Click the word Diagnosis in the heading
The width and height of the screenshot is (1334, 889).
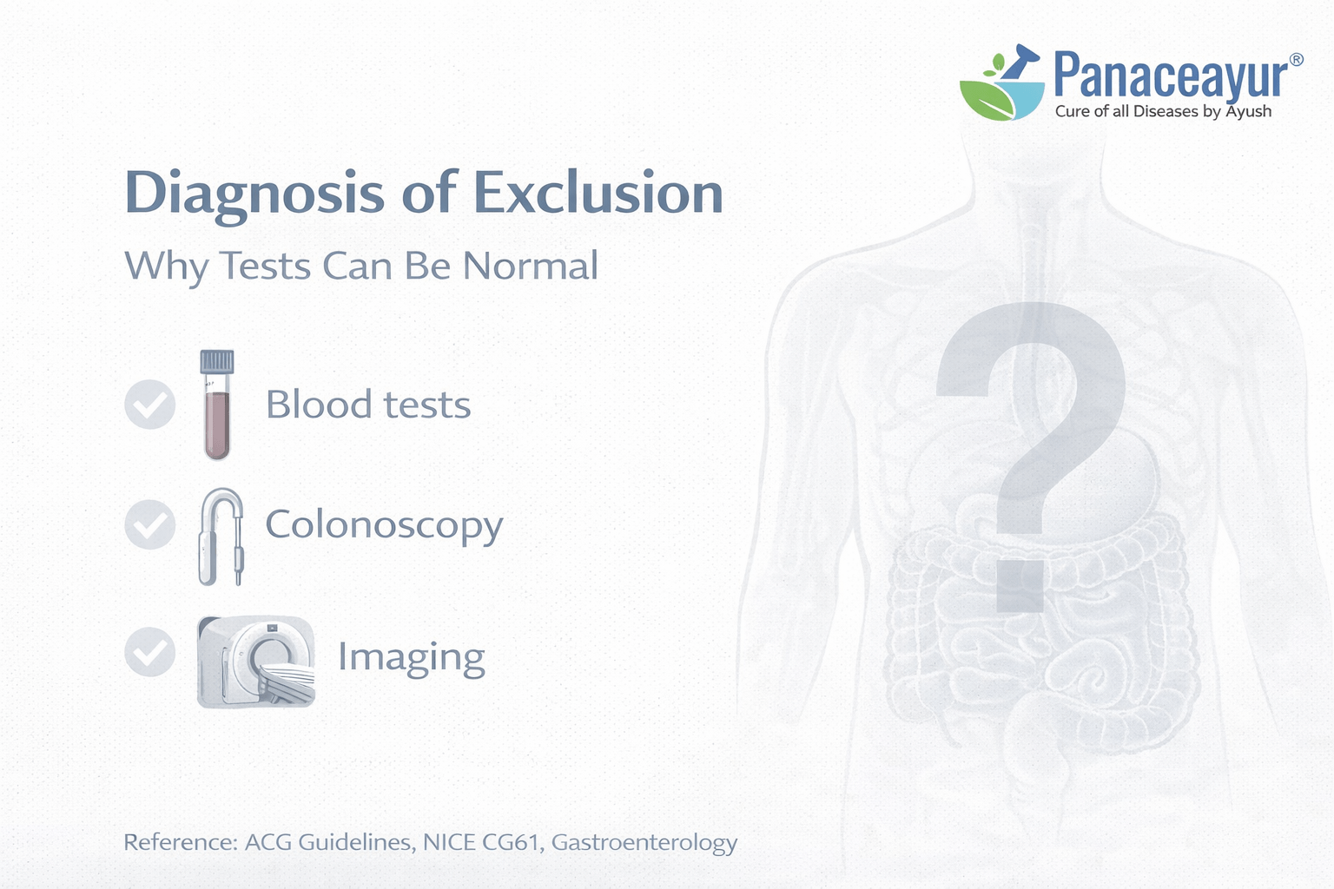tap(254, 194)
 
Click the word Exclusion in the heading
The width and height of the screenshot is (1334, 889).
tap(599, 192)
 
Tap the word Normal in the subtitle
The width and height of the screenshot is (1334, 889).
tap(530, 266)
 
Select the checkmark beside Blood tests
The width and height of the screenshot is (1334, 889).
tap(150, 405)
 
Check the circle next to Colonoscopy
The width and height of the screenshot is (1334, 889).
tap(150, 524)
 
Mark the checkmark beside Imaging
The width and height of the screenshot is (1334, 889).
tap(150, 652)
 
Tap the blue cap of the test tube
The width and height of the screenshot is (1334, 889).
tap(217, 360)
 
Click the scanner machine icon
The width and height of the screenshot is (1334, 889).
tap(256, 662)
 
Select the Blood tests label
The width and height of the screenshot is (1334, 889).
tap(368, 405)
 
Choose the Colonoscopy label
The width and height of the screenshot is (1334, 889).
tap(384, 525)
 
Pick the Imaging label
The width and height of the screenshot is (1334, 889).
tap(411, 657)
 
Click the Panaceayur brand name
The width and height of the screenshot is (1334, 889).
tap(1169, 76)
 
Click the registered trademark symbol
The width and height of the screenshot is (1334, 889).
tap(1296, 60)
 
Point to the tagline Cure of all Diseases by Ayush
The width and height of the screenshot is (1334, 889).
tap(1163, 111)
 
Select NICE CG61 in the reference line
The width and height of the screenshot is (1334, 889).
tap(481, 842)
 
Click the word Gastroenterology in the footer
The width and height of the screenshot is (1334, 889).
tap(644, 842)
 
